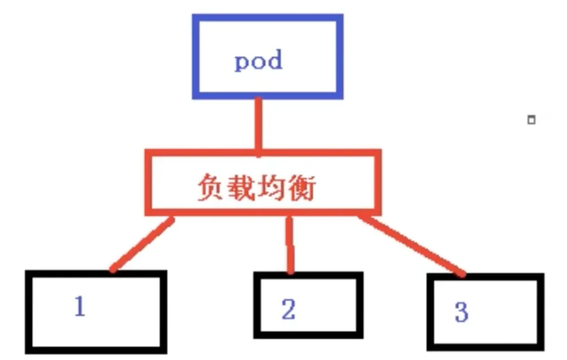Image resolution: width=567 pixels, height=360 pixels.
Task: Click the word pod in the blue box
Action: pyautogui.click(x=258, y=60)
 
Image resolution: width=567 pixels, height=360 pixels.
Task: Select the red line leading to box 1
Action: pyautogui.click(x=141, y=244)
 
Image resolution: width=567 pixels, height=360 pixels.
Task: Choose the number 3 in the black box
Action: pyautogui.click(x=461, y=311)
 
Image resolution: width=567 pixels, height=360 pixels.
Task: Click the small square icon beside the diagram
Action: pyautogui.click(x=530, y=120)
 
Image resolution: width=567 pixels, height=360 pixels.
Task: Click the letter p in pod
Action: pyautogui.click(x=242, y=62)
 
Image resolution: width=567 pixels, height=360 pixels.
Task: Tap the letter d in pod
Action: pyautogui.click(x=274, y=59)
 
